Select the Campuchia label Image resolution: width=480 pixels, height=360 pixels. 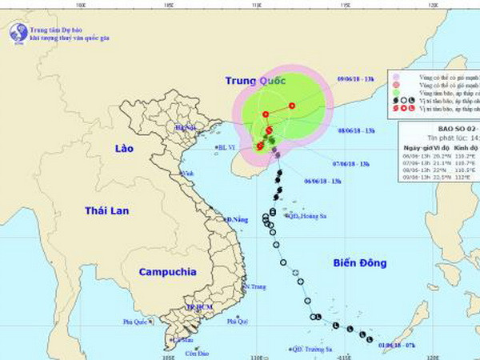[x=166, y=272]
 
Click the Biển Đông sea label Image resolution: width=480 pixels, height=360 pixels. [x=361, y=262]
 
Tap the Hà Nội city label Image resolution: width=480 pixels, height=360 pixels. [x=185, y=127]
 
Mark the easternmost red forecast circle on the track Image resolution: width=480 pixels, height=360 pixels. [x=293, y=106]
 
